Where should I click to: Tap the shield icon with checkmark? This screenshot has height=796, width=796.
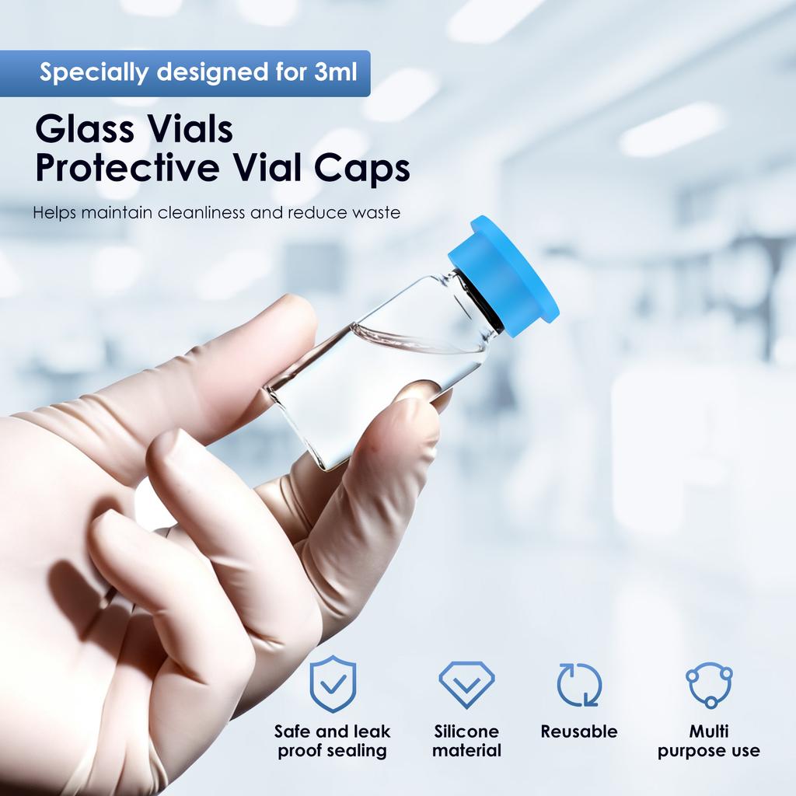[x=333, y=684]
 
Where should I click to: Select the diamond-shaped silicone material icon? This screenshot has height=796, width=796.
[x=466, y=683]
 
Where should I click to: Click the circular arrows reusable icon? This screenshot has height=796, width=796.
[x=579, y=684]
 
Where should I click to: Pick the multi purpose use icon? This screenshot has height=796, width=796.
[x=709, y=685]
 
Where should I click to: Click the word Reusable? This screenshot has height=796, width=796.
[x=579, y=731]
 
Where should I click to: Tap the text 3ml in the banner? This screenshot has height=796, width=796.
[x=336, y=73]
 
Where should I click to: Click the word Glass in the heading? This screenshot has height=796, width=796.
[x=82, y=129]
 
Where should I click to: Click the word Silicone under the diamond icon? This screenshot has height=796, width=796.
[x=466, y=731]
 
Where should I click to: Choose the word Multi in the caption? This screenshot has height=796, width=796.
[x=709, y=731]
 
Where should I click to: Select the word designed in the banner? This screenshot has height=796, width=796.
[x=205, y=73]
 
